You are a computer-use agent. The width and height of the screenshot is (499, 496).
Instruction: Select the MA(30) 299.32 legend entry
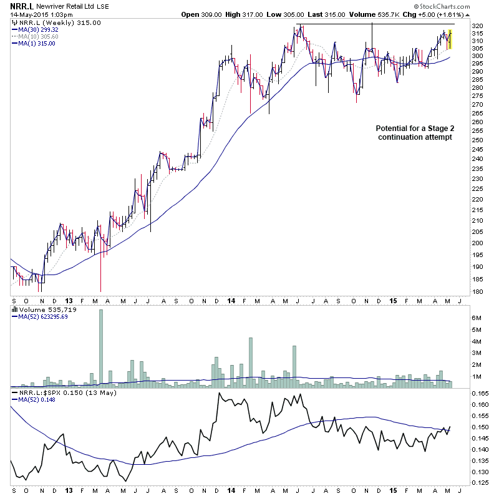[39, 29]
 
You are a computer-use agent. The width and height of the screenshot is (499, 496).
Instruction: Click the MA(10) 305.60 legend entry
[39, 37]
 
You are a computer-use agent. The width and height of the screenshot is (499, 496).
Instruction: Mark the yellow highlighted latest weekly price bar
[450, 39]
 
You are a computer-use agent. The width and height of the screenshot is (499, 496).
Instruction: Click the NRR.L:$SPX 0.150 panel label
[57, 393]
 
